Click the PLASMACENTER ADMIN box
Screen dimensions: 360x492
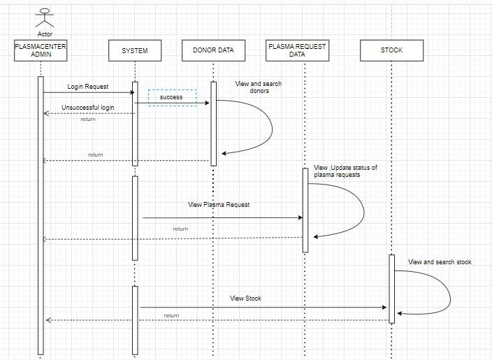coord(41,50)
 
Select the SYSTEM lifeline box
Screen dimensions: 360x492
coord(135,50)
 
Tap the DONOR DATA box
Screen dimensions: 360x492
coord(214,50)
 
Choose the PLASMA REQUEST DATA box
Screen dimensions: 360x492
coord(297,50)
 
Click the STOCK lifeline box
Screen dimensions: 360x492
coord(391,50)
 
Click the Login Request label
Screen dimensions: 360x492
coord(88,87)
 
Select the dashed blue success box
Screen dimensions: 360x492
coord(172,97)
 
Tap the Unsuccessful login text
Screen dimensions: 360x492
coord(88,108)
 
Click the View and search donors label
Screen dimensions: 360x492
coord(259,87)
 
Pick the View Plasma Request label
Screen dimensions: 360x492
coord(219,205)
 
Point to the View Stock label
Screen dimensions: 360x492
coord(245,298)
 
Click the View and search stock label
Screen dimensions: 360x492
coord(440,262)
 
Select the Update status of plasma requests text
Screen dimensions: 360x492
coord(346,171)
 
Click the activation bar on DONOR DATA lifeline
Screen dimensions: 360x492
coord(214,124)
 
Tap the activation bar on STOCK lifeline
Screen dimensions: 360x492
coord(392,289)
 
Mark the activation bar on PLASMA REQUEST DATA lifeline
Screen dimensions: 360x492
coord(305,210)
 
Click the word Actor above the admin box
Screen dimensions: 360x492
coord(45,34)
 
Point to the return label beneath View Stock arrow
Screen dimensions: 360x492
coord(171,316)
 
